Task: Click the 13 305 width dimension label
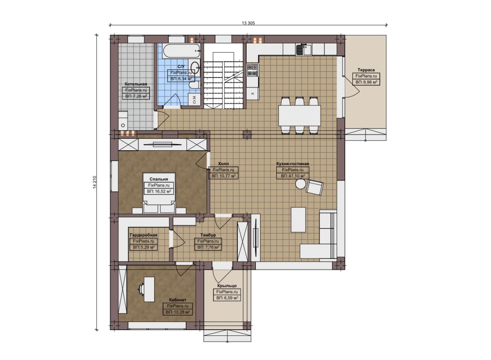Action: pyautogui.click(x=248, y=23)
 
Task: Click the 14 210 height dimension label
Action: pyautogui.click(x=94, y=182)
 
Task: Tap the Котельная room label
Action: pyautogui.click(x=136, y=84)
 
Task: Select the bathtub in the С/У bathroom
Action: pyautogui.click(x=182, y=51)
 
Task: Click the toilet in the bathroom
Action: pyautogui.click(x=194, y=85)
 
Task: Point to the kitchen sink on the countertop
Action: pyautogui.click(x=304, y=49)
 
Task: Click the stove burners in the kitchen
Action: pyautogui.click(x=253, y=70)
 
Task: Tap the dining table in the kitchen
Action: pyautogui.click(x=300, y=116)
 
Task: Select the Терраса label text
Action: pyautogui.click(x=366, y=70)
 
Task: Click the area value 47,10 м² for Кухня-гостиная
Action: pyautogui.click(x=293, y=176)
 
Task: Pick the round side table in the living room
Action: pyautogui.click(x=300, y=184)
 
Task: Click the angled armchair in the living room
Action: pyautogui.click(x=315, y=187)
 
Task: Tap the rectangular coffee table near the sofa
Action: pyautogui.click(x=298, y=220)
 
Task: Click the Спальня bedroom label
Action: pyautogui.click(x=159, y=179)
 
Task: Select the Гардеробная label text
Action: pyautogui.click(x=143, y=235)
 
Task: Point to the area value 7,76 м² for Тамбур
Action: pyautogui.click(x=208, y=247)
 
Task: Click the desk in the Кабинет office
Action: pyautogui.click(x=149, y=289)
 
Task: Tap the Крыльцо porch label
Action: pyautogui.click(x=227, y=286)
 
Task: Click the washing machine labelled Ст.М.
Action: pyautogui.click(x=194, y=99)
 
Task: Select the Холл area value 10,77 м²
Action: pyautogui.click(x=223, y=176)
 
